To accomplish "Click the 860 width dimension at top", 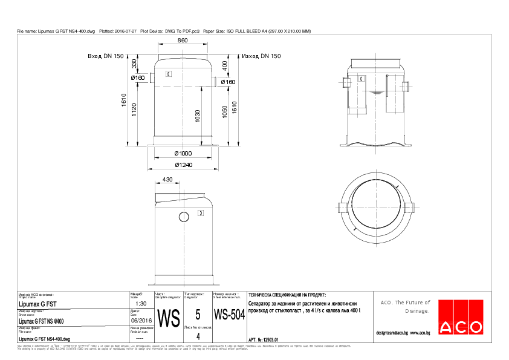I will tap(183, 40).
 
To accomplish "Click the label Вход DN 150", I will tap(106, 56).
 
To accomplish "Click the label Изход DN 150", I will tap(261, 56).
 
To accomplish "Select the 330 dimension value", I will tap(134, 64).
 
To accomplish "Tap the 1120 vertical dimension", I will tap(134, 108).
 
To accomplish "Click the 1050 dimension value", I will tap(225, 113).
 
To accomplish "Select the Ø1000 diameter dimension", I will tap(184, 154).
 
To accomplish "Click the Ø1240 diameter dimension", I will tap(184, 164).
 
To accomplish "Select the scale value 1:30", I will tap(141, 304).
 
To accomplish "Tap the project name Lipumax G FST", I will tap(39, 304).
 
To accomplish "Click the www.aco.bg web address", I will tap(420, 333).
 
